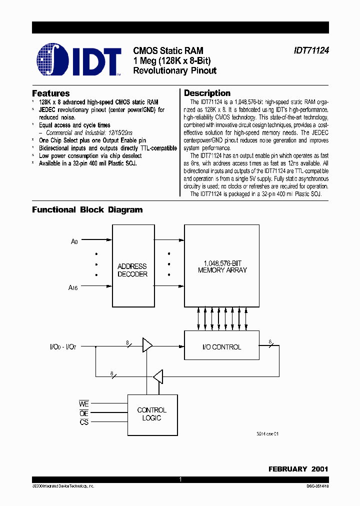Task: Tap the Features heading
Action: point(51,93)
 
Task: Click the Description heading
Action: point(207,93)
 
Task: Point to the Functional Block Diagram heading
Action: point(87,210)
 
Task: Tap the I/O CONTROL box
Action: point(222,347)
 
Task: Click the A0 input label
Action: point(74,241)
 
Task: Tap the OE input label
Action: point(84,413)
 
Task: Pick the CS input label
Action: point(84,422)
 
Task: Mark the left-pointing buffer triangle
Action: point(158,376)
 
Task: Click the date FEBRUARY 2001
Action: point(298,469)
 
